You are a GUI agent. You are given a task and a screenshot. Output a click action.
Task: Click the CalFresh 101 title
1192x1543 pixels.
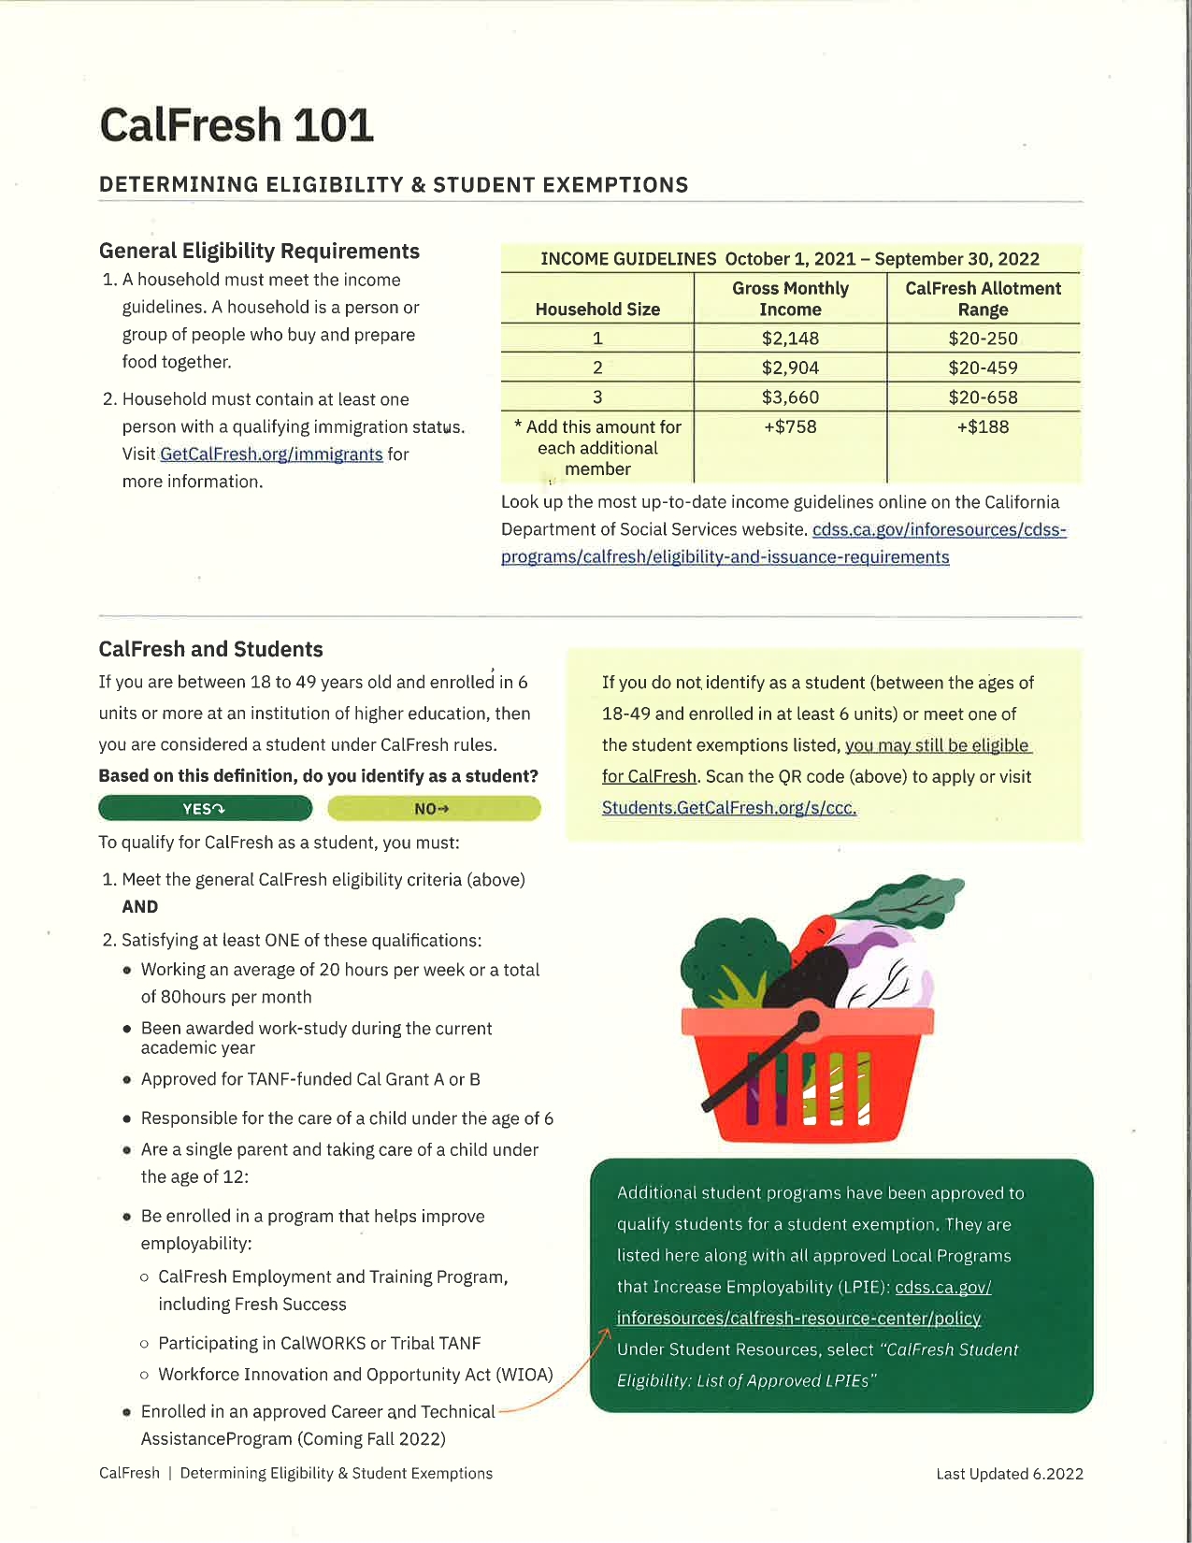(237, 125)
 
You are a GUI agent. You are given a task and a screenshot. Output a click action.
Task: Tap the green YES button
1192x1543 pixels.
(205, 808)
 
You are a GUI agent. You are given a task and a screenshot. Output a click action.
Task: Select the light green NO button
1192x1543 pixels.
(433, 808)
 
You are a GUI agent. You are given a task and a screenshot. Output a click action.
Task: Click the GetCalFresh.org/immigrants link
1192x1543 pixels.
(271, 454)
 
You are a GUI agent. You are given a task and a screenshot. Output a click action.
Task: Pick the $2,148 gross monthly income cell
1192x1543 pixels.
(790, 339)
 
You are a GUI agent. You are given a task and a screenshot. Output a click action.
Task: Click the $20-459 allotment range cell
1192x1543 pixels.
(983, 368)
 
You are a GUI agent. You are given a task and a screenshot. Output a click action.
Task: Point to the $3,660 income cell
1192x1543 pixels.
(790, 397)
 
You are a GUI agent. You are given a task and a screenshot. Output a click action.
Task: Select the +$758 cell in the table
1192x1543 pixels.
(790, 427)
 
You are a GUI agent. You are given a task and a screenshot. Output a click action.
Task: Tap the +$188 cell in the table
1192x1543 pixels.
(983, 427)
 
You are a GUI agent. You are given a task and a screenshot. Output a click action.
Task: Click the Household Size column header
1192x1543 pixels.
(597, 309)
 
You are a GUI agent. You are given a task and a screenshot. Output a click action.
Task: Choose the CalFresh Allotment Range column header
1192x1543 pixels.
(983, 298)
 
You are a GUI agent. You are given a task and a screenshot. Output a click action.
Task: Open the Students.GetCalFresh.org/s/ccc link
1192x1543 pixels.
(729, 808)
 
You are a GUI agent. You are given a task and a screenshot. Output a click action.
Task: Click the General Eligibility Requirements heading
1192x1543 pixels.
(259, 251)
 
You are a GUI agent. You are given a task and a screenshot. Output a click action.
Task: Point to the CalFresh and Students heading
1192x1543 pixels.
(211, 649)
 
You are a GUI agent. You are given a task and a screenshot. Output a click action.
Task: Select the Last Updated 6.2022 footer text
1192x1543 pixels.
(1010, 1474)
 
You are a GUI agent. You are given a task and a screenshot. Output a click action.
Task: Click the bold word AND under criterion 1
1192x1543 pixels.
(140, 906)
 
